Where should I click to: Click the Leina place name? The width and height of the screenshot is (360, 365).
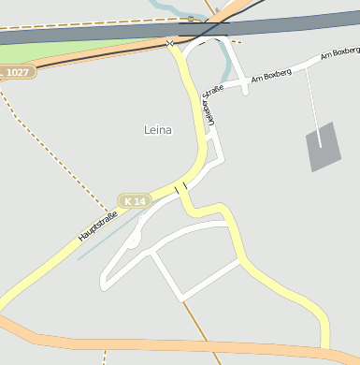pos(158,130)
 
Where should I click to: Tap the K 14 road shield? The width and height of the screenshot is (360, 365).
pos(134,201)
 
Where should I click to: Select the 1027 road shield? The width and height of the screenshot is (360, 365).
pos(16,72)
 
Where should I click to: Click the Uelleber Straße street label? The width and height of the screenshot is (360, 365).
pos(209,106)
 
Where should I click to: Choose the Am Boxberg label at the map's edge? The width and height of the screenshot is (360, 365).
pos(339,53)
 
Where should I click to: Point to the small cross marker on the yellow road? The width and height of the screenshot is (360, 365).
pos(169,43)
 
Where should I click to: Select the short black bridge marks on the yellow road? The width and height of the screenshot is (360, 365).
pos(180,187)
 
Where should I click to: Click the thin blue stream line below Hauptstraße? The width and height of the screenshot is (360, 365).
pos(112,237)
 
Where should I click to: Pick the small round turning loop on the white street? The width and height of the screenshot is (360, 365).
pos(135,241)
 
